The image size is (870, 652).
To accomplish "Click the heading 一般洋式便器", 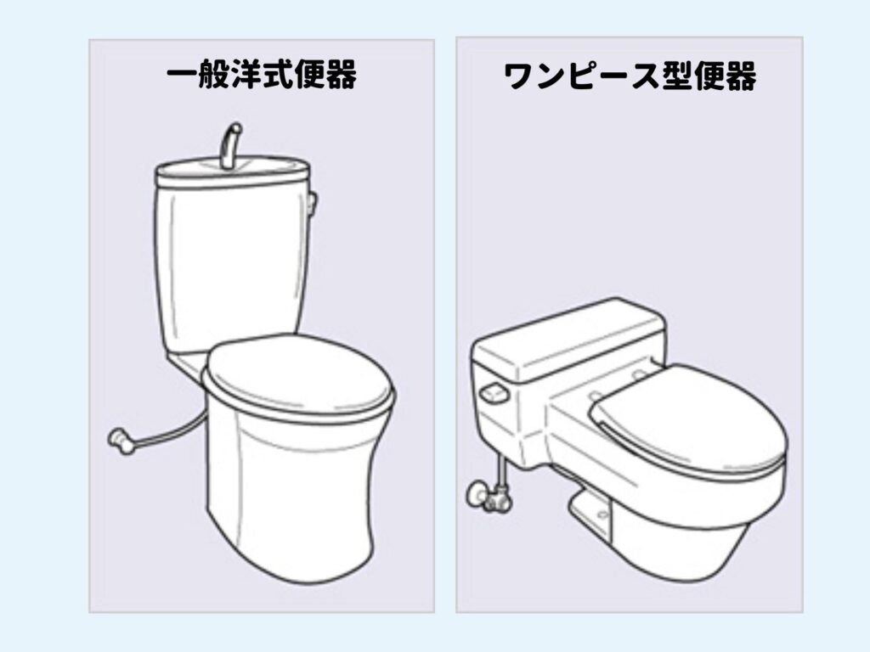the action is point(262,76).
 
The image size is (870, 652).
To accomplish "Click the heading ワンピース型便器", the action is point(630,76).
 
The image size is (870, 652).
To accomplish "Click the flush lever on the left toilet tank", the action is point(313,204).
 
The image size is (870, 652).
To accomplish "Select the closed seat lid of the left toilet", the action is point(298,375).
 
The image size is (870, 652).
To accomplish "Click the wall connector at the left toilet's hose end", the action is point(121,441).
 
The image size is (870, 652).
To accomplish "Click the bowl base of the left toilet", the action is point(289,499).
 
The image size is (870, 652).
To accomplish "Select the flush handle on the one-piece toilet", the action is point(494,393).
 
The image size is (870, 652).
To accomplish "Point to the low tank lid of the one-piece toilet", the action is point(568,340).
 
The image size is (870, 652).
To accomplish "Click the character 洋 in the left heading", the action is point(246,76).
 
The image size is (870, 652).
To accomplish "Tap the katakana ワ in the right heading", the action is point(519,76).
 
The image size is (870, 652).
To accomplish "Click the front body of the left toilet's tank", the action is point(233,266).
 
